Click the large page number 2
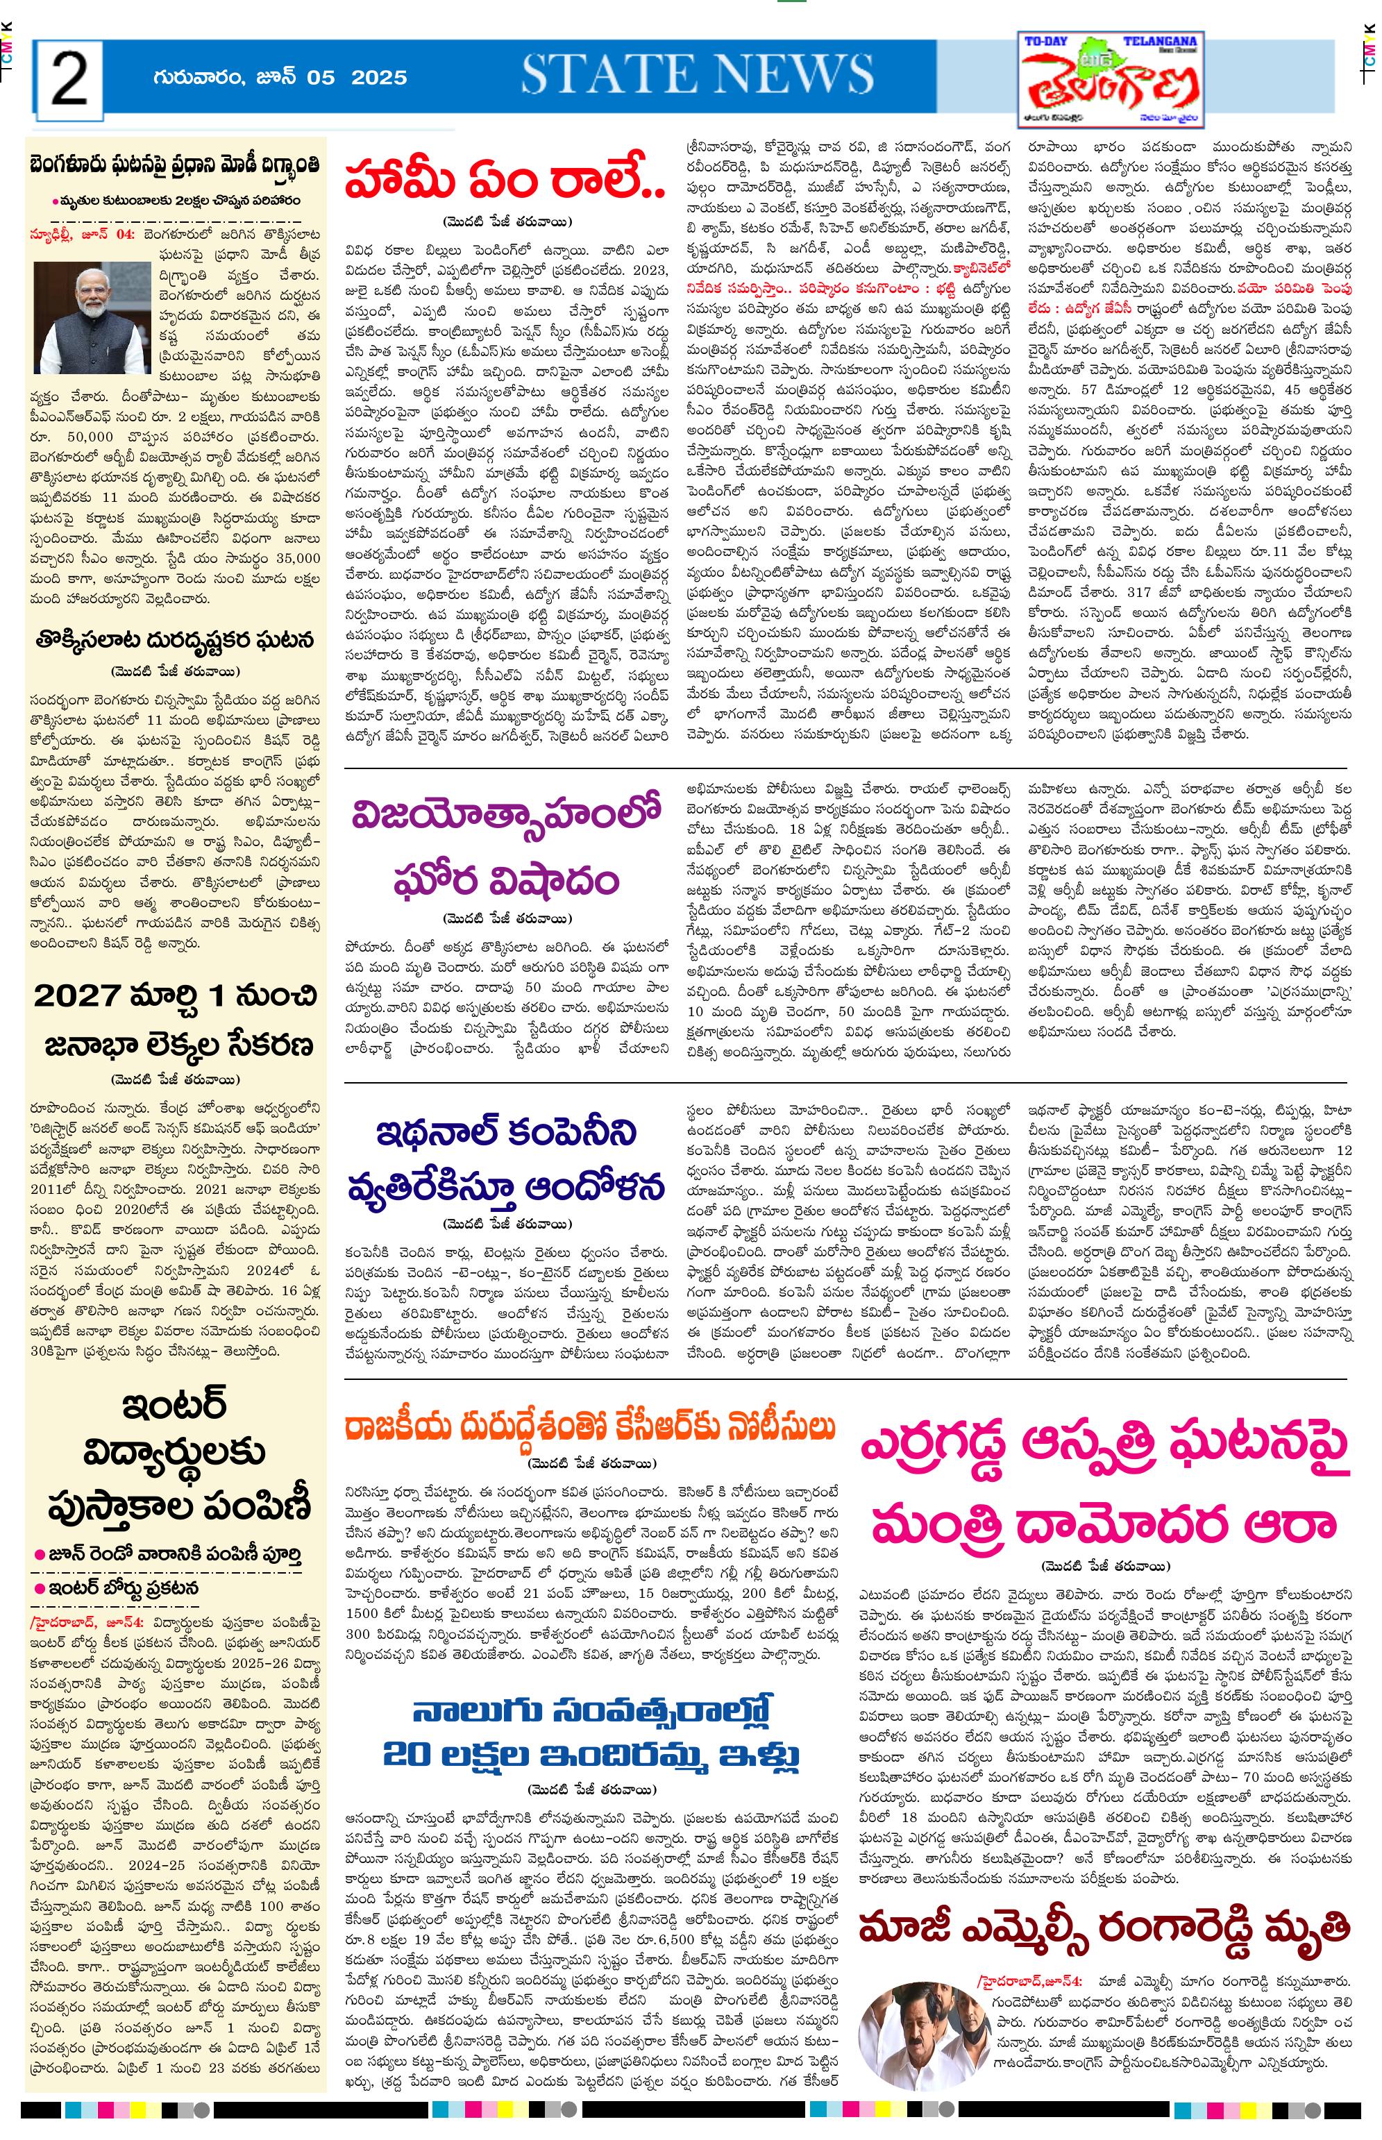69,79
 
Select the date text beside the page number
280,78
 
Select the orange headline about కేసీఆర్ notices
592,1426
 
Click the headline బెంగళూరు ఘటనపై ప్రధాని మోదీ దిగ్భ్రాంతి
176,168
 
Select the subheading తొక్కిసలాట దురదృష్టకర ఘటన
175,641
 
